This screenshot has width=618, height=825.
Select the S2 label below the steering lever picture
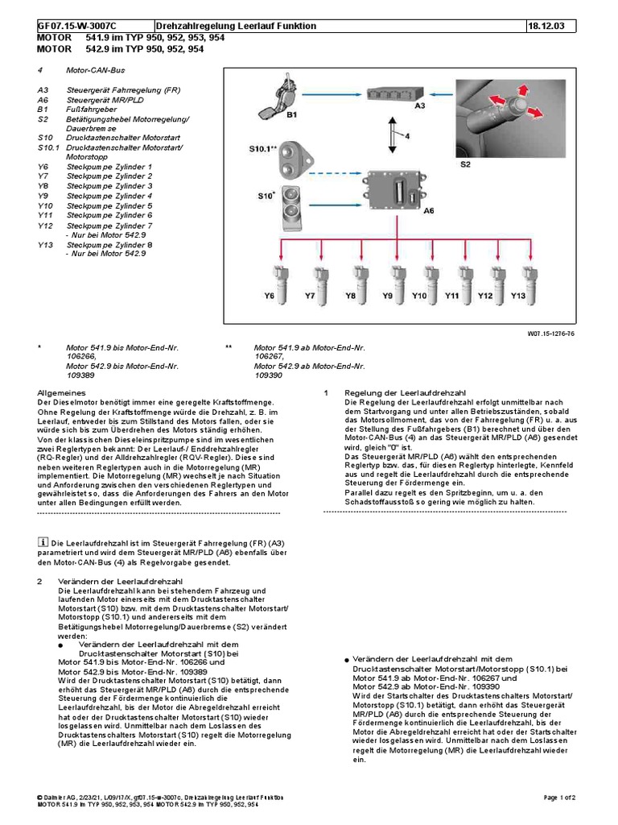[x=466, y=164]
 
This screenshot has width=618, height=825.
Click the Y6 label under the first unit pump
[x=270, y=296]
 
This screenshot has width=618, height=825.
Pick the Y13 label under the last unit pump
[x=518, y=296]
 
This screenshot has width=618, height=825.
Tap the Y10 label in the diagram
[x=419, y=296]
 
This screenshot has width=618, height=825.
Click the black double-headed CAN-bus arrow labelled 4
[x=393, y=133]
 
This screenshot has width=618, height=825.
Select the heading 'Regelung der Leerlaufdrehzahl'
[x=394, y=392]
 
